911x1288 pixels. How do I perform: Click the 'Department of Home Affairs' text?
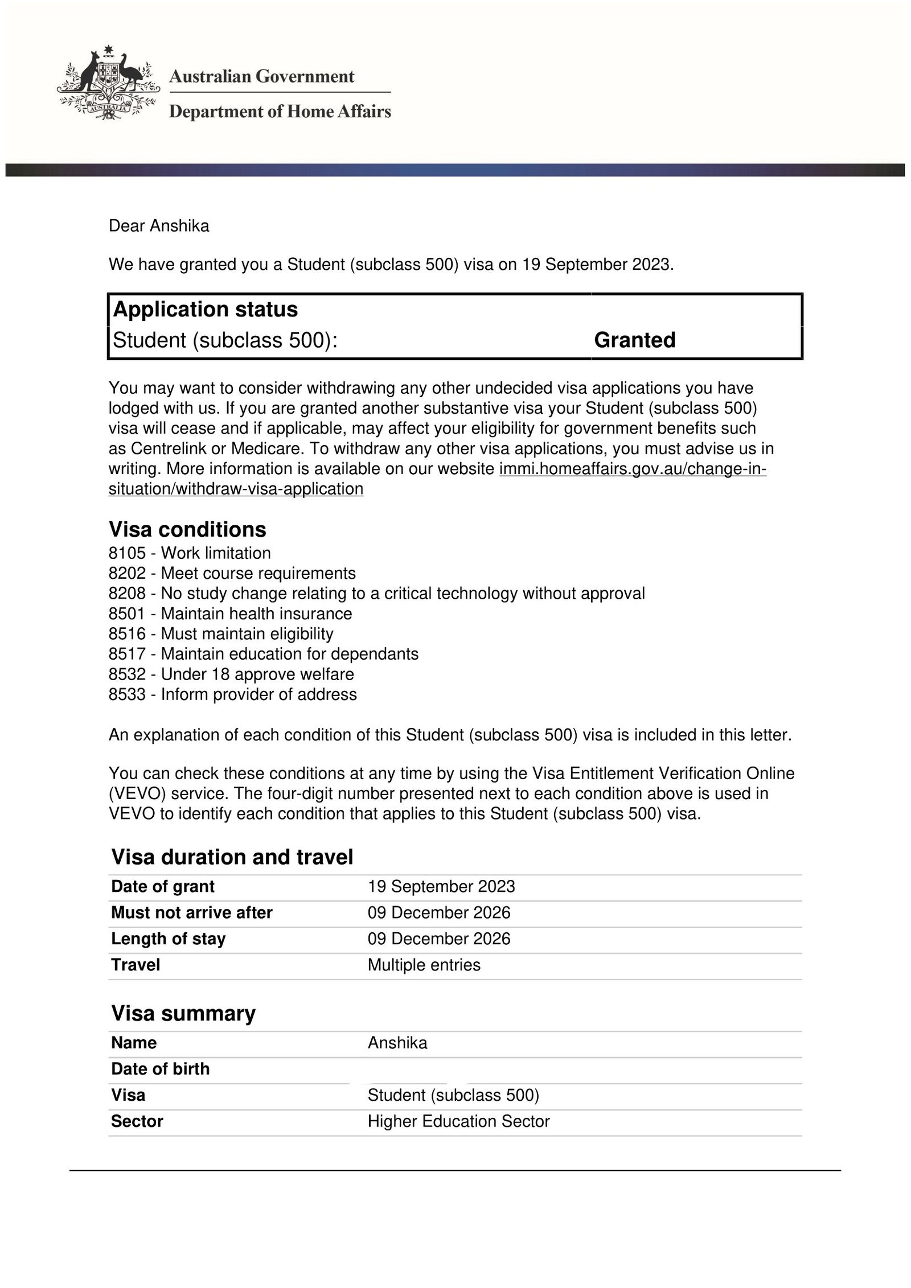(280, 111)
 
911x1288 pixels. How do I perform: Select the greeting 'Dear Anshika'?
(159, 226)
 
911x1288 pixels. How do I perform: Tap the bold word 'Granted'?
(634, 340)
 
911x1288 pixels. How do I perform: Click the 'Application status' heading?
(206, 310)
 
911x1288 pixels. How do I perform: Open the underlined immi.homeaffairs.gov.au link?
(632, 469)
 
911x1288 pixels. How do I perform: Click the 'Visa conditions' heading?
(187, 529)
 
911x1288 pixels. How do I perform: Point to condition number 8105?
(127, 553)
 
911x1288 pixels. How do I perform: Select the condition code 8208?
(127, 594)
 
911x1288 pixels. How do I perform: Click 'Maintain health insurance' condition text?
(256, 614)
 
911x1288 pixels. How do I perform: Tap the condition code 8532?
(127, 674)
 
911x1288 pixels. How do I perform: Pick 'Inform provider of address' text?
(258, 694)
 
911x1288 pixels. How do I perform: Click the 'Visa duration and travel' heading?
(232, 857)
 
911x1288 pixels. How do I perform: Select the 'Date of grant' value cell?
(441, 887)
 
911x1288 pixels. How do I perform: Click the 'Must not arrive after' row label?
(192, 913)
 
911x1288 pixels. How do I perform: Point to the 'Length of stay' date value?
(439, 939)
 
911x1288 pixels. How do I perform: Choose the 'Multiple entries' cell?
(424, 965)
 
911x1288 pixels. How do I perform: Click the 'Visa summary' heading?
(183, 1013)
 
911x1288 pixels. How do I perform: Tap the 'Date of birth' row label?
(161, 1069)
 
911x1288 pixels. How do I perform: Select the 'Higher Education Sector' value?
(458, 1121)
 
